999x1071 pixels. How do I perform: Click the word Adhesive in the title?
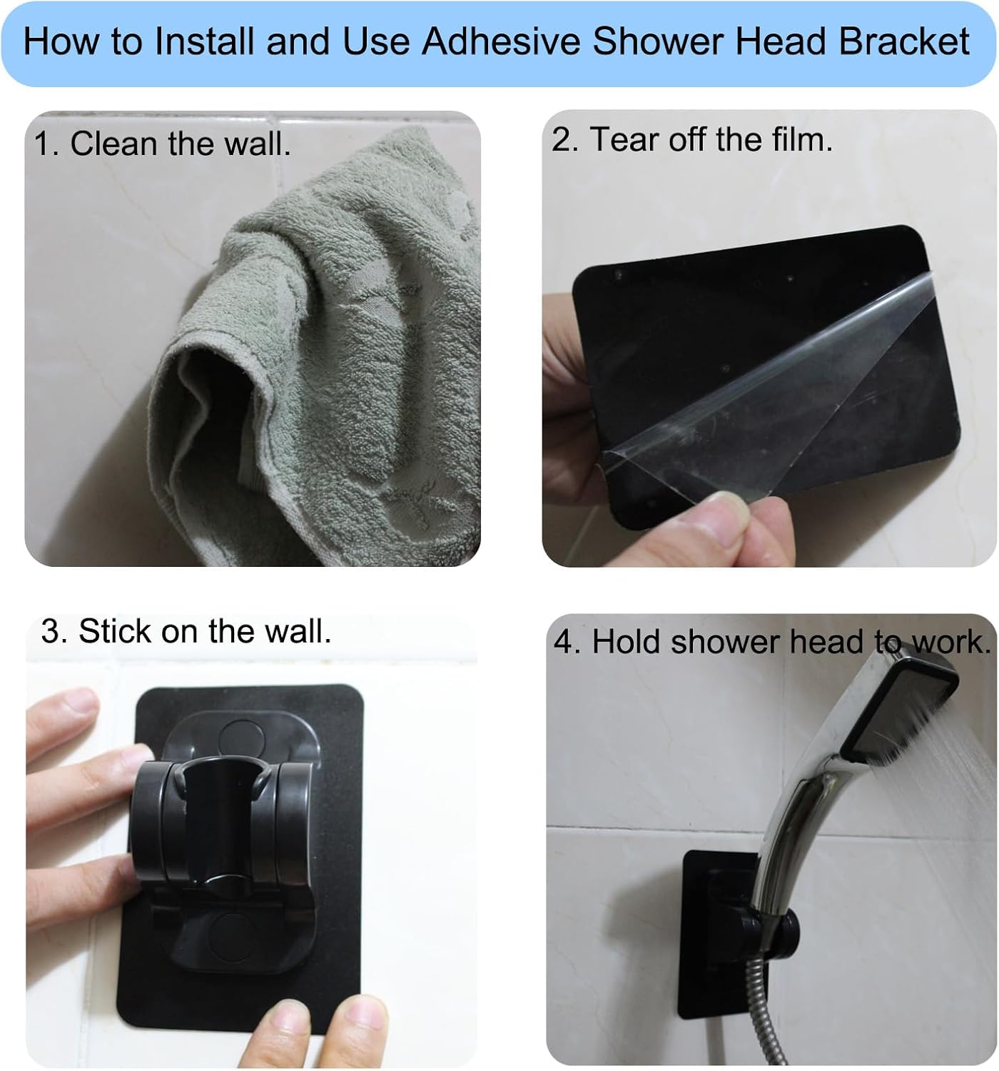[x=501, y=41]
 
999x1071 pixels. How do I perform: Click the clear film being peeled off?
[x=771, y=386]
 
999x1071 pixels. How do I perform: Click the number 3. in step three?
[x=54, y=631]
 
